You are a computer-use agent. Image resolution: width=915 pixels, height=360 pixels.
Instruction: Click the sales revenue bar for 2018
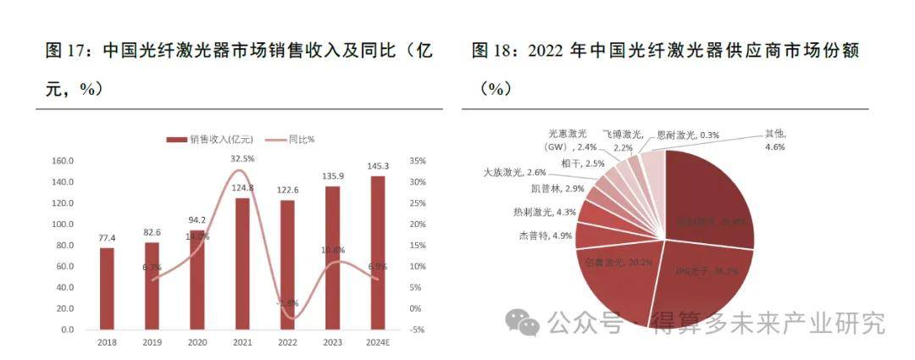click(x=107, y=288)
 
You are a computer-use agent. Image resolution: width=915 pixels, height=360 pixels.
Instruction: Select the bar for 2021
click(x=242, y=263)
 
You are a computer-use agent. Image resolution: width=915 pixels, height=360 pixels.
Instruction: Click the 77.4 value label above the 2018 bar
click(x=107, y=238)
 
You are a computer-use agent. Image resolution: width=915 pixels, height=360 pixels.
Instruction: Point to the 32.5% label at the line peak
click(x=242, y=158)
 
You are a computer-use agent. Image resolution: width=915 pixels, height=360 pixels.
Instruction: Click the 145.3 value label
click(x=378, y=166)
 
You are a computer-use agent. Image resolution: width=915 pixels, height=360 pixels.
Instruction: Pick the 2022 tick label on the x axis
click(x=287, y=342)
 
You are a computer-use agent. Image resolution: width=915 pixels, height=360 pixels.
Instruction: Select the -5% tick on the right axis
click(x=415, y=330)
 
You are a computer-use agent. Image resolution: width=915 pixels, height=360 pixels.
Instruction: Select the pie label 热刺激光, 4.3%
click(x=543, y=212)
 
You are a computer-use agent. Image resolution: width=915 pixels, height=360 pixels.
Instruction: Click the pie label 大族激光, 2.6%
click(x=514, y=173)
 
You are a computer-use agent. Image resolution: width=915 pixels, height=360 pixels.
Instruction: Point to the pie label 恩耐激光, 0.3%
click(x=687, y=136)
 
